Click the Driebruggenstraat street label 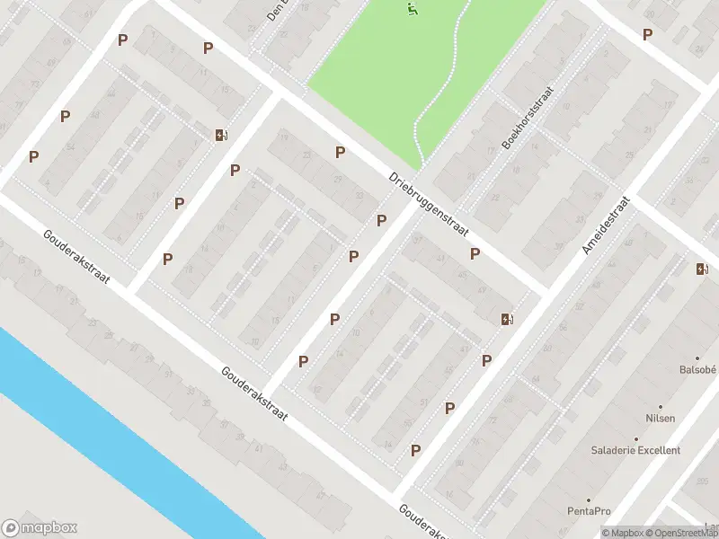tap(431, 203)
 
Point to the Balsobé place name tap(697, 369)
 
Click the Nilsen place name tap(660, 418)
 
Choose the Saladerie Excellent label tap(635, 450)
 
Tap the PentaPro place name tap(589, 511)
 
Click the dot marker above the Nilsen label tap(661, 406)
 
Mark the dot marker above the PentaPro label tap(589, 499)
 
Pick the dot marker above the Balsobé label tap(697, 358)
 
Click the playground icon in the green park tap(412, 10)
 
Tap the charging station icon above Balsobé tap(702, 268)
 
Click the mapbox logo tap(40, 528)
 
